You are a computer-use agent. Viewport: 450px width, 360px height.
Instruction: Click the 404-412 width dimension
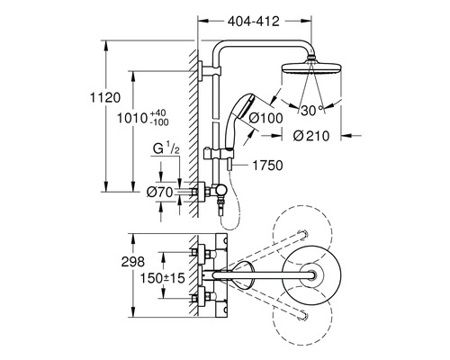point(254,22)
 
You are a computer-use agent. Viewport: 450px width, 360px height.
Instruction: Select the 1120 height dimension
point(105,98)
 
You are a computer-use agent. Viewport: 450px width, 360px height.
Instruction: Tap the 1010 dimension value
point(132,118)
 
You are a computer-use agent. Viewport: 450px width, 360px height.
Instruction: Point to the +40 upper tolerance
point(157,113)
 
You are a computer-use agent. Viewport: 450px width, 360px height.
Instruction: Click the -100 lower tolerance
point(159,122)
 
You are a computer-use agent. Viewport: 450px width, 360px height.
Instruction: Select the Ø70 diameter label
point(160,192)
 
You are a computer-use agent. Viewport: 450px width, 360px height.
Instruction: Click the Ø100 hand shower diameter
point(265,118)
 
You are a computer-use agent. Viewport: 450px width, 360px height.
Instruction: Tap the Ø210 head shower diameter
point(311,136)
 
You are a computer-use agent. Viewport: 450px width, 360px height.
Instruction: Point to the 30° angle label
point(312,111)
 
